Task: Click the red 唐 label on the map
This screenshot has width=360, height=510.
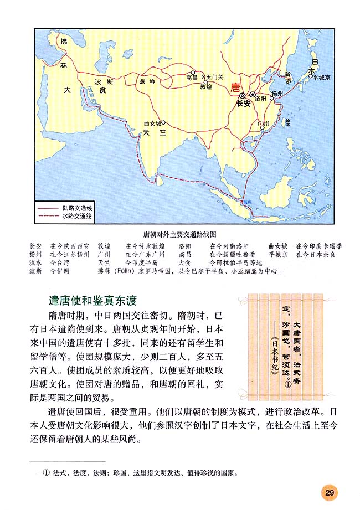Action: pyautogui.click(x=235, y=87)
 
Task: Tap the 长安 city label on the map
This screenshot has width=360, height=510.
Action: pyautogui.click(x=243, y=104)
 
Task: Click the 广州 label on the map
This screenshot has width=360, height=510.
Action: pyautogui.click(x=263, y=123)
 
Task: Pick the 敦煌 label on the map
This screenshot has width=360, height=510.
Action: pyautogui.click(x=206, y=87)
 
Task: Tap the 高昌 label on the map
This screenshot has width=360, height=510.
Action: pyautogui.click(x=191, y=79)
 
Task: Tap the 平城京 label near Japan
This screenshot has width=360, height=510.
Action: pyautogui.click(x=321, y=78)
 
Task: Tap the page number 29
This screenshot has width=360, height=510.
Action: pyautogui.click(x=328, y=492)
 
